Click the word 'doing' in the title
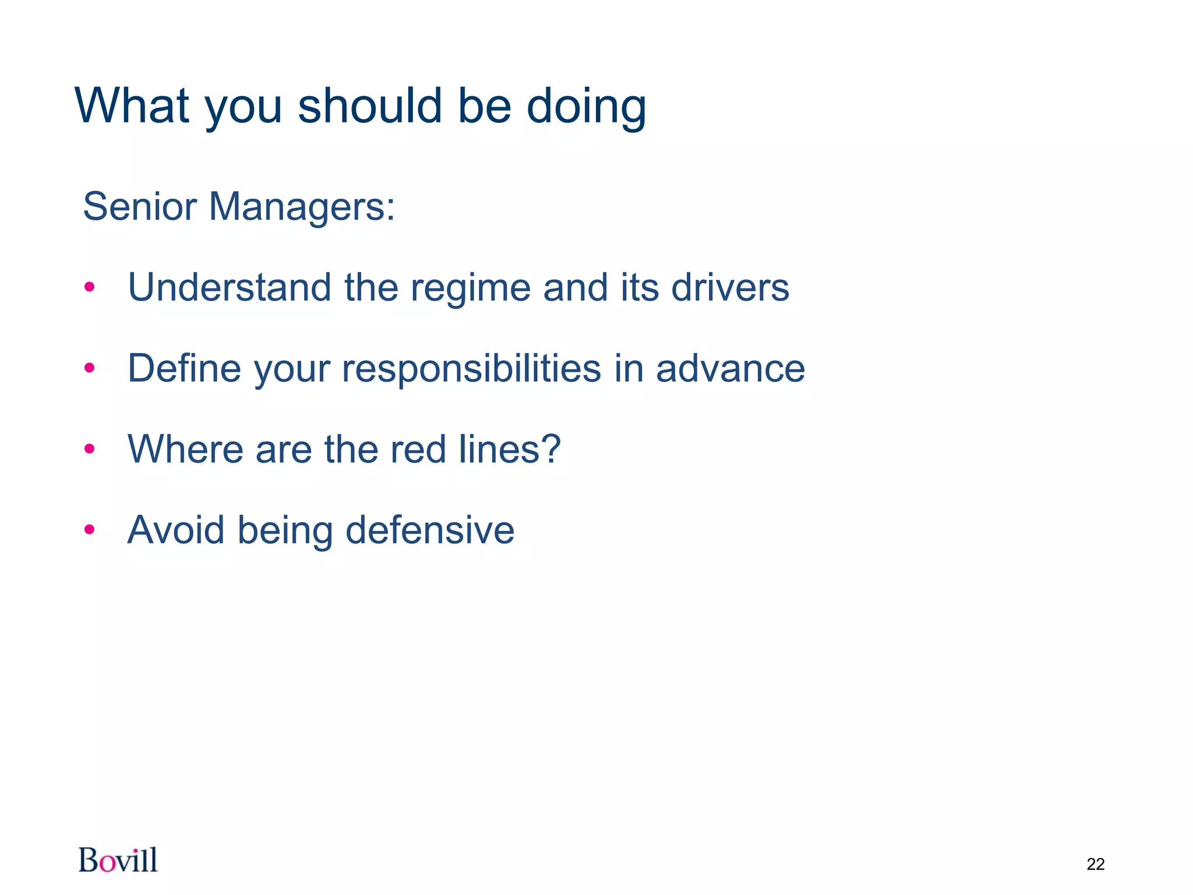[x=586, y=108]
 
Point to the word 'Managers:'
[x=302, y=207]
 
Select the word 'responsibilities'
[x=471, y=369]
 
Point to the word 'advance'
[x=730, y=369]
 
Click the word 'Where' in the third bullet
[x=185, y=449]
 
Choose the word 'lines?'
[x=510, y=449]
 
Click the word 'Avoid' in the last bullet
[x=176, y=530]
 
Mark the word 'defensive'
[x=430, y=530]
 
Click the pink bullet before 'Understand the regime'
[x=89, y=287]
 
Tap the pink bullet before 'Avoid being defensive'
[x=89, y=530]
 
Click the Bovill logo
[x=118, y=860]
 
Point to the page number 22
[x=1095, y=864]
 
